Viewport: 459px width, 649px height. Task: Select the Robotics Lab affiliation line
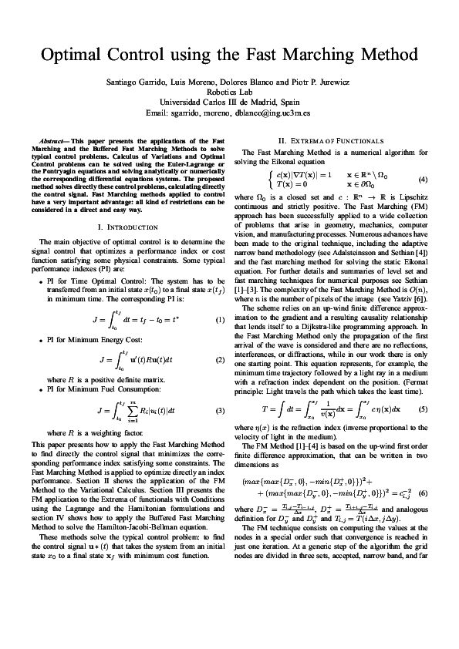point(229,92)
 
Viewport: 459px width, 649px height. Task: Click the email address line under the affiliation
point(229,112)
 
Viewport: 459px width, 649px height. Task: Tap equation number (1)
point(220,298)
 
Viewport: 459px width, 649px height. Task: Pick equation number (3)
point(220,409)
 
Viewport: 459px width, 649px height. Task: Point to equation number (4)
point(423,180)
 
